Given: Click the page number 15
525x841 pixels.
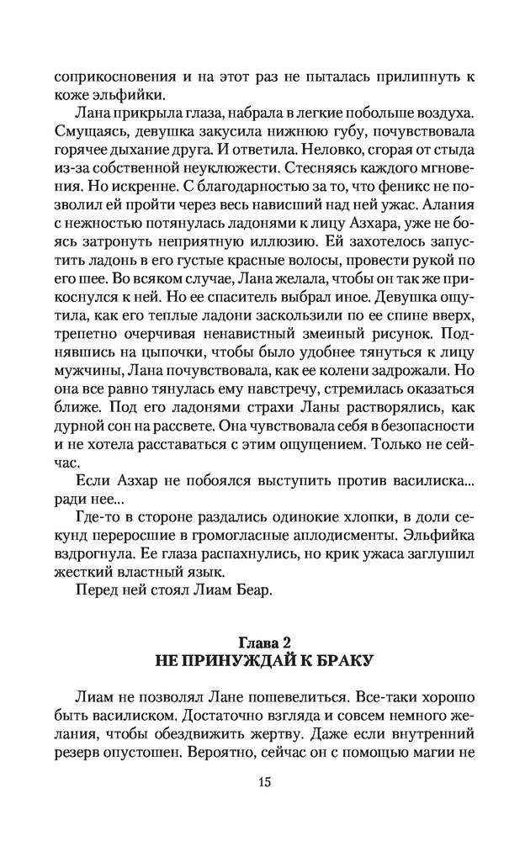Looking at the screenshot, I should [262, 782].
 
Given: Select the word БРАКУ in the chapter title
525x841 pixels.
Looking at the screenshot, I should [336, 661].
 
